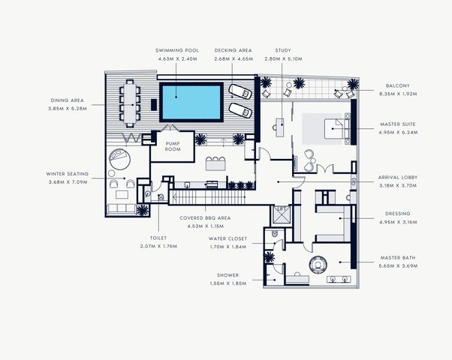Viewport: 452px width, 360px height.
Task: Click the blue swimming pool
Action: click(191, 103)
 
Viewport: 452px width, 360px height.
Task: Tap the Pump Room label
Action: click(173, 146)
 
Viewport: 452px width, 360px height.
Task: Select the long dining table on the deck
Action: click(130, 103)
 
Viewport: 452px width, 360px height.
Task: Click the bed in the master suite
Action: click(335, 129)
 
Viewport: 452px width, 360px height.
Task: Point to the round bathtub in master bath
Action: click(318, 264)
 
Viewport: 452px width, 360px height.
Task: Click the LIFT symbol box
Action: click(281, 214)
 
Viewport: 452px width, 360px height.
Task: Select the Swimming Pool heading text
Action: click(177, 50)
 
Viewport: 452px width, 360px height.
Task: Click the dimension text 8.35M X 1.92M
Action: click(398, 94)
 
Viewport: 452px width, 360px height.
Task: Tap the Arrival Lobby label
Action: click(398, 178)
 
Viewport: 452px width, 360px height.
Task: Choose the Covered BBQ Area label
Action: click(205, 218)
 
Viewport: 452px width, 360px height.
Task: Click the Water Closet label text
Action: click(228, 238)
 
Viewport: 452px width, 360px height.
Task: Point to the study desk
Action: click(279, 127)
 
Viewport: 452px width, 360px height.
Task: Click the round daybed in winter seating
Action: click(119, 159)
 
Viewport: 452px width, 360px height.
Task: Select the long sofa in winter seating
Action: click(122, 208)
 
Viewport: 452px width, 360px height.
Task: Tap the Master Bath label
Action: click(398, 258)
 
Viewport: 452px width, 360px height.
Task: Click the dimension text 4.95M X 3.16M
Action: click(398, 222)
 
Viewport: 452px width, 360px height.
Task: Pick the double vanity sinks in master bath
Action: click(339, 279)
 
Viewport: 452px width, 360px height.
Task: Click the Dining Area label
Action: click(67, 100)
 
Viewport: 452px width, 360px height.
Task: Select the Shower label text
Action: click(228, 275)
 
